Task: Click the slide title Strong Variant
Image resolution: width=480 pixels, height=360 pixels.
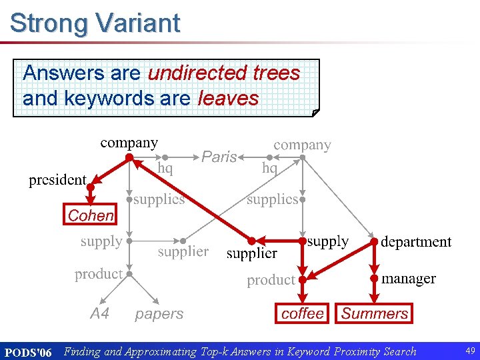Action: click(x=95, y=23)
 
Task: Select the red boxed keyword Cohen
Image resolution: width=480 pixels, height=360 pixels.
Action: click(x=91, y=215)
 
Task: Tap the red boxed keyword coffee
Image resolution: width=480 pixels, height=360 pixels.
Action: click(x=303, y=313)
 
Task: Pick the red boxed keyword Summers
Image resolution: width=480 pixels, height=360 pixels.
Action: click(x=375, y=313)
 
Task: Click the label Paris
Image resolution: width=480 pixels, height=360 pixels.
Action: click(x=219, y=157)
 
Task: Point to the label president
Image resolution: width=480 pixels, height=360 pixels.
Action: click(x=57, y=180)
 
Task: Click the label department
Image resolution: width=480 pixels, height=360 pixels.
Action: click(x=416, y=242)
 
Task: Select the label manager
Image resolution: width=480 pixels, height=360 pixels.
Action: click(x=409, y=279)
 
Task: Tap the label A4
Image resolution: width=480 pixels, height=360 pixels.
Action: click(x=99, y=313)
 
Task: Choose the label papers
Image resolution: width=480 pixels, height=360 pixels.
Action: click(x=159, y=313)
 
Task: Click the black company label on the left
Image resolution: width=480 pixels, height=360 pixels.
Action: click(x=129, y=142)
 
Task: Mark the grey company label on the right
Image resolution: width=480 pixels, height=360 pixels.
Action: click(x=302, y=145)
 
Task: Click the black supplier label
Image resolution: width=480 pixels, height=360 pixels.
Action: click(x=251, y=253)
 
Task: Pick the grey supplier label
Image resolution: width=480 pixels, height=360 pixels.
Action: click(x=183, y=251)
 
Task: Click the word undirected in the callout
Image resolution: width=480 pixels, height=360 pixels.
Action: click(x=199, y=73)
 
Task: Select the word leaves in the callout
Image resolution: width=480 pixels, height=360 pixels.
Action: click(x=229, y=99)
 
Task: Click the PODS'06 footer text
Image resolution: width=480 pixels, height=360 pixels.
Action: click(x=28, y=352)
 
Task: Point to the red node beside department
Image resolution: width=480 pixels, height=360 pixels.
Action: click(x=374, y=241)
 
